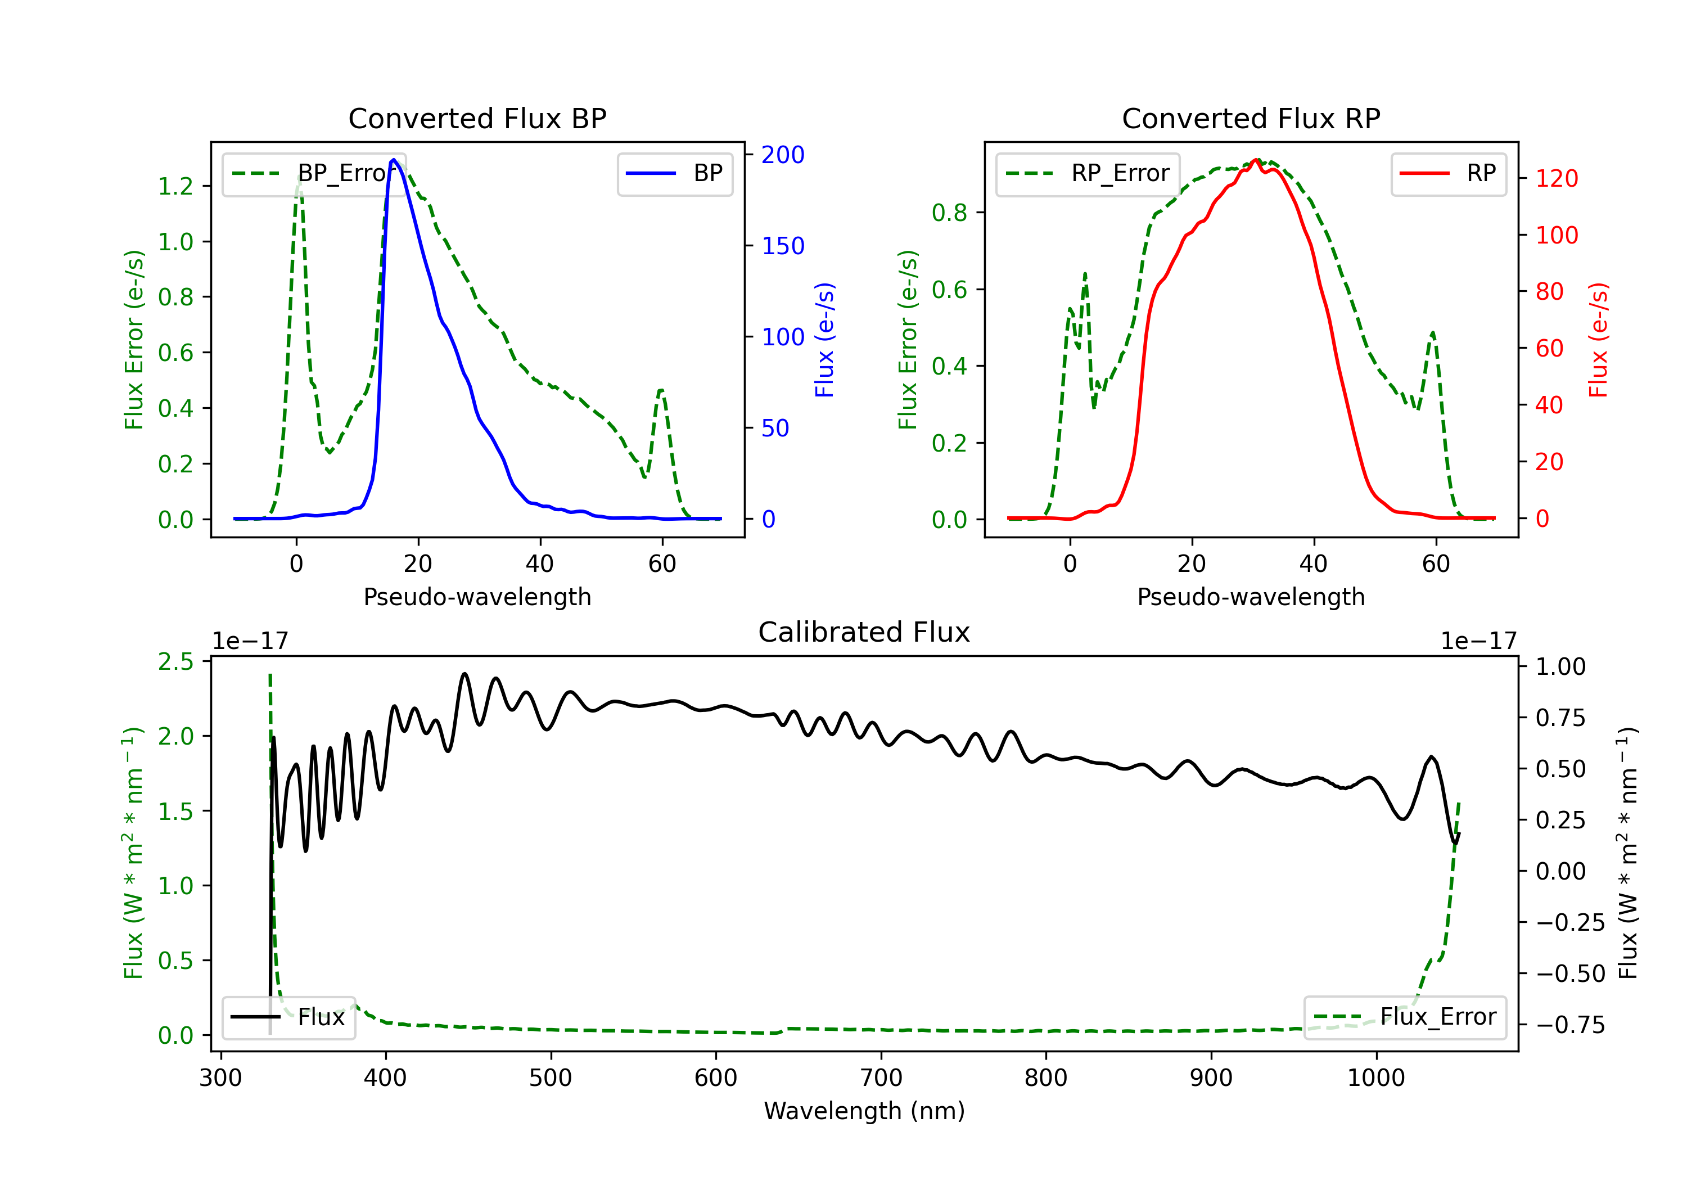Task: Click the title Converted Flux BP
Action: pyautogui.click(x=477, y=118)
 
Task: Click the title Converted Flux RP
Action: pyautogui.click(x=1251, y=118)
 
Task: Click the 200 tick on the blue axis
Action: pyautogui.click(x=783, y=155)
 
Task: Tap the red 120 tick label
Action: pyautogui.click(x=1556, y=179)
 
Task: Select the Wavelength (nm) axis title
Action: pyautogui.click(x=864, y=1111)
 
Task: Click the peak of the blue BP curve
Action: pyautogui.click(x=394, y=160)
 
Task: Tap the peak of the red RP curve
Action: pyautogui.click(x=1256, y=160)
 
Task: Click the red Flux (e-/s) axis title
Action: pyautogui.click(x=1598, y=340)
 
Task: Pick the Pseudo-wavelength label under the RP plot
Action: pyautogui.click(x=1251, y=597)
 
